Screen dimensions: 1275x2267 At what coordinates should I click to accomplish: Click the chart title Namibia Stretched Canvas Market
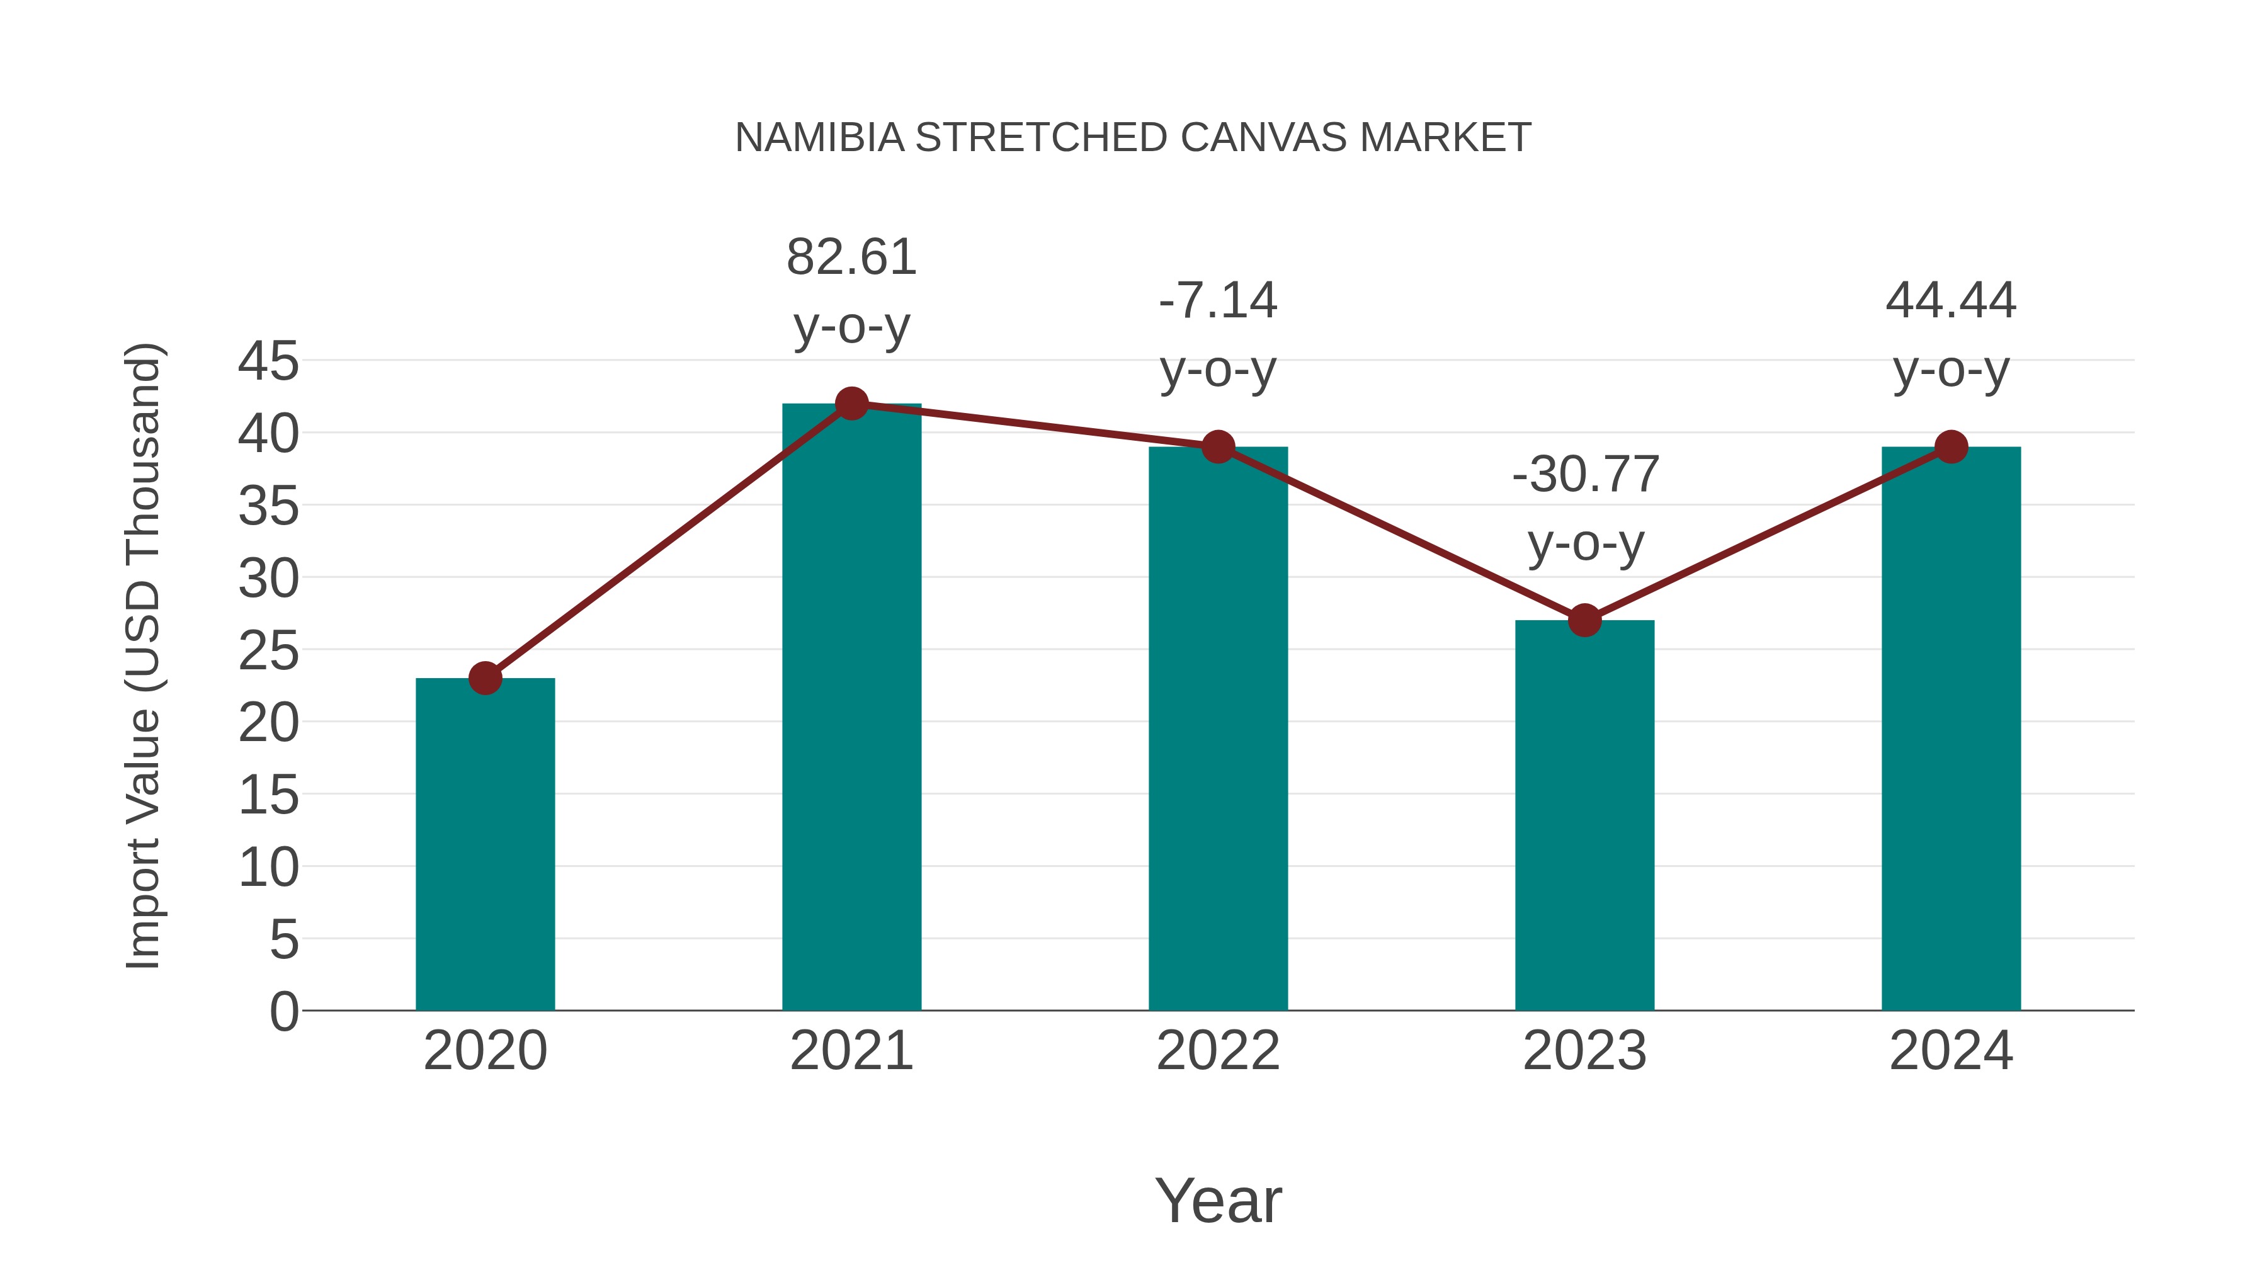click(x=1133, y=138)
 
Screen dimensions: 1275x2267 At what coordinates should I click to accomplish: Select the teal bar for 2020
click(x=485, y=845)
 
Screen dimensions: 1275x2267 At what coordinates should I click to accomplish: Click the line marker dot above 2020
click(x=485, y=678)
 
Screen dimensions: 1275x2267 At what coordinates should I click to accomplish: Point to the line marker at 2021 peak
click(x=851, y=404)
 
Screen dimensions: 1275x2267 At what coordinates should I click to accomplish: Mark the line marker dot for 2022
click(x=1218, y=447)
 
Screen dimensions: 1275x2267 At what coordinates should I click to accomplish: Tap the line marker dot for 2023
click(x=1584, y=620)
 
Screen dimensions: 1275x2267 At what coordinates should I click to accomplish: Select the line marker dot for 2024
click(x=1951, y=447)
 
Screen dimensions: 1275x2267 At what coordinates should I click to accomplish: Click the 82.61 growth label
click(x=851, y=258)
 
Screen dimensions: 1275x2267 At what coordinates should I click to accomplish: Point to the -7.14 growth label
click(x=1218, y=301)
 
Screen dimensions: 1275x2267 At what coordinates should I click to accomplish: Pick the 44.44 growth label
click(x=1951, y=301)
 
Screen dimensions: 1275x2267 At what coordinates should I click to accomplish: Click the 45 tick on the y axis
click(x=268, y=361)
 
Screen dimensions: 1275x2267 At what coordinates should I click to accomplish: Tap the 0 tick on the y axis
click(x=283, y=1011)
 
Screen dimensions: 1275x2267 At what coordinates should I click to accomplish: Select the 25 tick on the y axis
click(x=268, y=651)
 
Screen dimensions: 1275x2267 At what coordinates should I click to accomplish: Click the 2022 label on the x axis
click(x=1218, y=1051)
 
